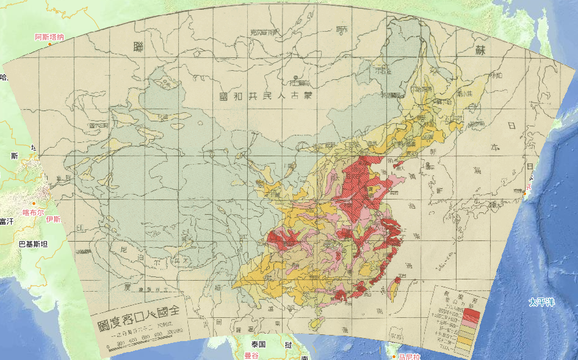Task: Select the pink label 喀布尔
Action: [x=34, y=213]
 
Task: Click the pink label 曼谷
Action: [x=252, y=355]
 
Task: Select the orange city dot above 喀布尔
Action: [x=35, y=203]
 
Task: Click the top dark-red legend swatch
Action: [x=473, y=309]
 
